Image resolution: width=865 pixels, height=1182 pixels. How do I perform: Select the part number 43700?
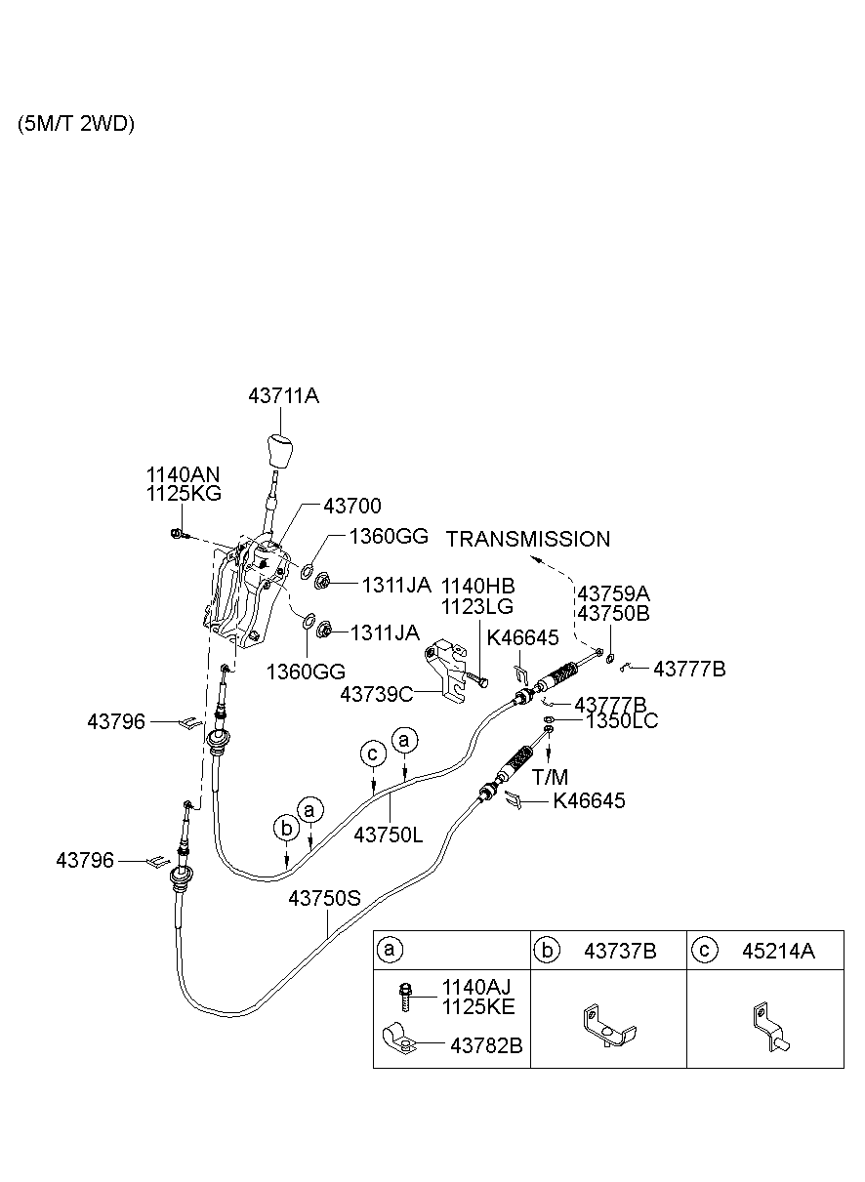tap(352, 506)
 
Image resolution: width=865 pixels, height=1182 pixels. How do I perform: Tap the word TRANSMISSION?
tap(528, 539)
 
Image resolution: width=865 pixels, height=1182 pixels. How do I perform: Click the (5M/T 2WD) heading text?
tap(76, 124)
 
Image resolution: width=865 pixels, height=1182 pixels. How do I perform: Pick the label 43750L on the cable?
tap(389, 836)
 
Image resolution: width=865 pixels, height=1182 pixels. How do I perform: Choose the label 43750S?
tap(324, 897)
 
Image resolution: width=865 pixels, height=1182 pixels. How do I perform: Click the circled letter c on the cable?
tap(372, 754)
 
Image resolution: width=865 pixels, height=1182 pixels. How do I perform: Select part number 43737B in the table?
tap(620, 950)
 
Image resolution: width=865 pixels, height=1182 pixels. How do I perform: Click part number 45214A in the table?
tap(777, 950)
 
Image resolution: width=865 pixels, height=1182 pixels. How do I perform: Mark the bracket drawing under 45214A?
tap(768, 1030)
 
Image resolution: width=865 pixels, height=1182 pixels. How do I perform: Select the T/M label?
tap(550, 777)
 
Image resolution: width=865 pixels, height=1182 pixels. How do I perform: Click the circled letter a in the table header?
tap(390, 950)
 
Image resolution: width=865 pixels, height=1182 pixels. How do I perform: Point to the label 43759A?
tap(613, 592)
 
